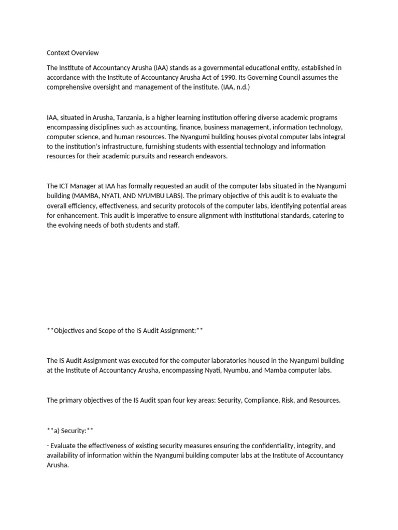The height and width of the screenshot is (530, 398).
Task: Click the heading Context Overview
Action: [x=73, y=53]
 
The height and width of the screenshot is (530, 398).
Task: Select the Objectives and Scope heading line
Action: [x=125, y=331]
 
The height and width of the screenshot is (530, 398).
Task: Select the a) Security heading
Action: [x=70, y=430]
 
